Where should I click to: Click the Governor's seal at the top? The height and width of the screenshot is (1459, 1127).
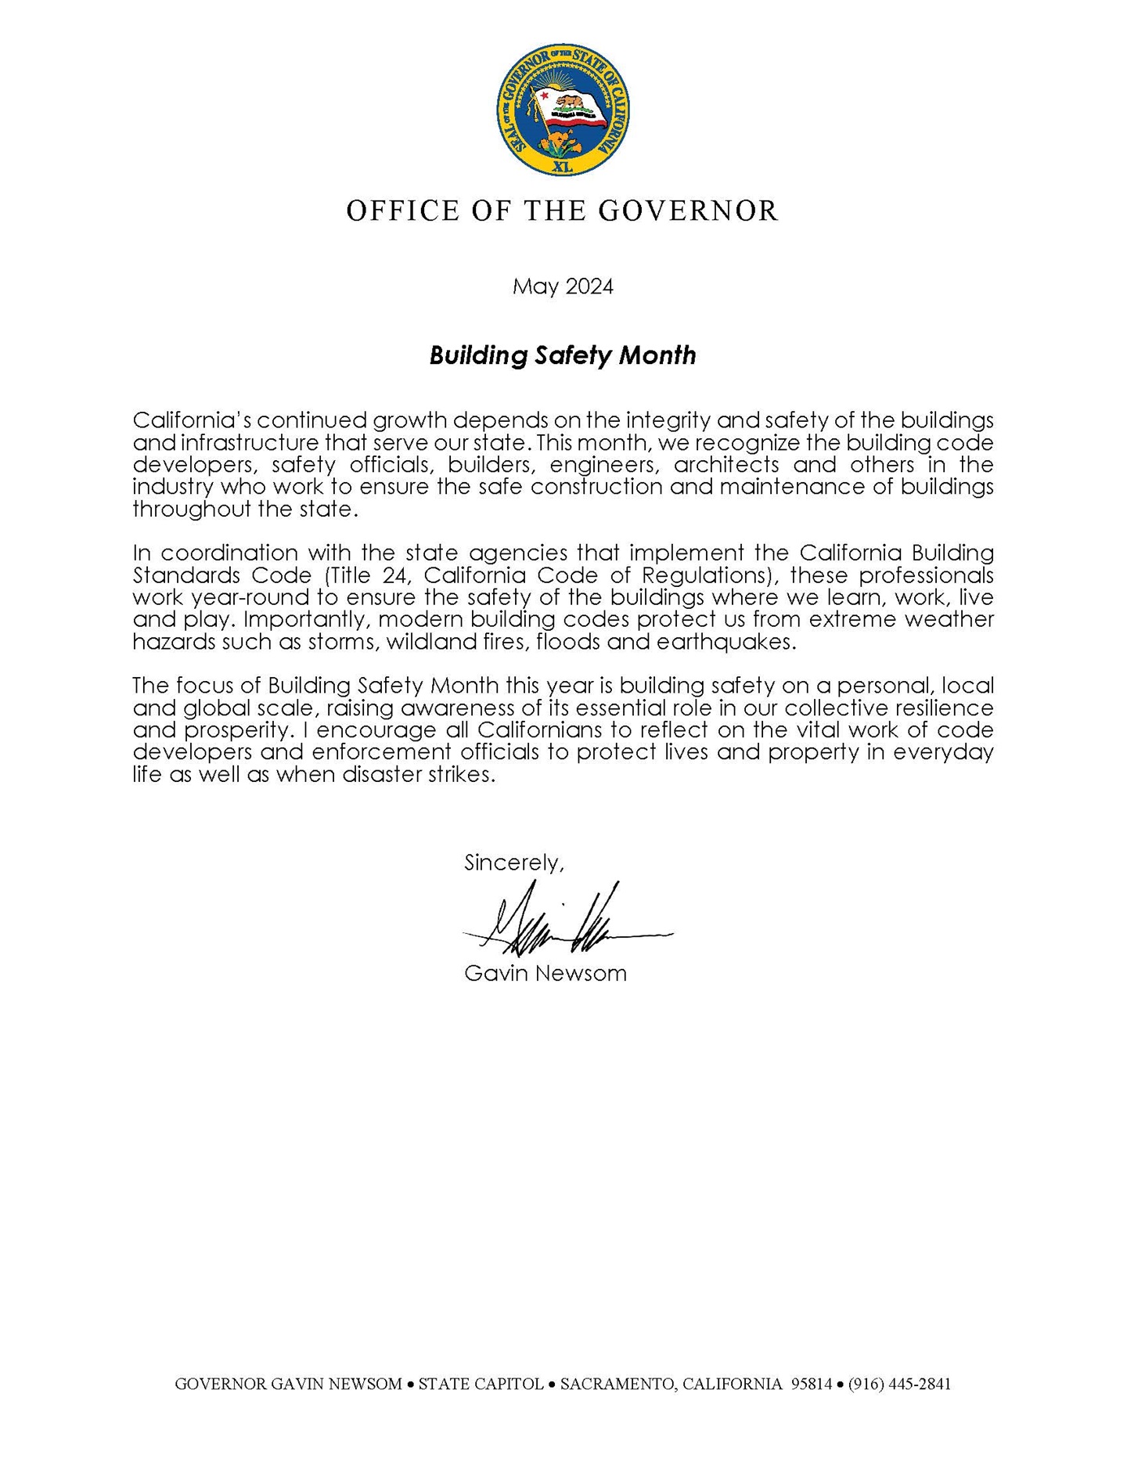click(563, 110)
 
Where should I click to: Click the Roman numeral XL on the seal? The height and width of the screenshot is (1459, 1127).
click(563, 167)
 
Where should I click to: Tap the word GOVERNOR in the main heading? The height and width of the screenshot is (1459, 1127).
click(688, 211)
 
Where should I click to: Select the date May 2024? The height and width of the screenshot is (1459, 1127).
click(563, 286)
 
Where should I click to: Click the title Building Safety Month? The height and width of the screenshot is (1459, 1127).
click(563, 355)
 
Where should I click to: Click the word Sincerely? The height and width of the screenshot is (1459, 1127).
click(513, 863)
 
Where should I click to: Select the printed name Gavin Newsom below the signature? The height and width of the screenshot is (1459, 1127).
click(545, 974)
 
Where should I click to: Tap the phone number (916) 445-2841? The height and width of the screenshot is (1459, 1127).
click(899, 1384)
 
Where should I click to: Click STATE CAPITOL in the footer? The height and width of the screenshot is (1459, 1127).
click(481, 1384)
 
